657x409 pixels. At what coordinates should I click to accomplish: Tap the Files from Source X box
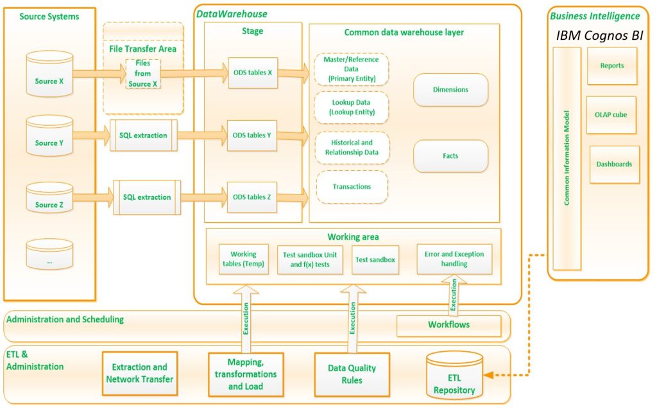(x=142, y=74)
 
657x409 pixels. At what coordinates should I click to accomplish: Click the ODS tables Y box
(x=252, y=135)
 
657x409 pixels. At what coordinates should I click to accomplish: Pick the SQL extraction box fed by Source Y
(x=143, y=135)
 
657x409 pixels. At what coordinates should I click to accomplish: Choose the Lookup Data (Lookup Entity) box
(x=351, y=107)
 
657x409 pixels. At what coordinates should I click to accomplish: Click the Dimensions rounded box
(x=450, y=90)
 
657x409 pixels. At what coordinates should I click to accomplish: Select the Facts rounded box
(x=450, y=156)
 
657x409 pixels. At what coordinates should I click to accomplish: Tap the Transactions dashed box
(x=352, y=187)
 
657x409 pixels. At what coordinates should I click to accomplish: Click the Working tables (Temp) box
(x=243, y=259)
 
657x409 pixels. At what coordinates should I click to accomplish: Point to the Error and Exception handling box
(x=454, y=259)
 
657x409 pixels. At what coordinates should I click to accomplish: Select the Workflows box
(x=448, y=325)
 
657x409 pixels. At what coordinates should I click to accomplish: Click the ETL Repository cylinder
(x=454, y=376)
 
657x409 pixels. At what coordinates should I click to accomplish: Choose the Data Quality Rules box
(x=352, y=374)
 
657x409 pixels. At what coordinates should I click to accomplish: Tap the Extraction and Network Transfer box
(x=140, y=374)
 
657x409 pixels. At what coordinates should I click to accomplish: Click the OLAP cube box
(x=611, y=115)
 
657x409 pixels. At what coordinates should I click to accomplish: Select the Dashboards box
(x=614, y=164)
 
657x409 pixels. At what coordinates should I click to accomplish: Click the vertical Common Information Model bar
(x=567, y=158)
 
